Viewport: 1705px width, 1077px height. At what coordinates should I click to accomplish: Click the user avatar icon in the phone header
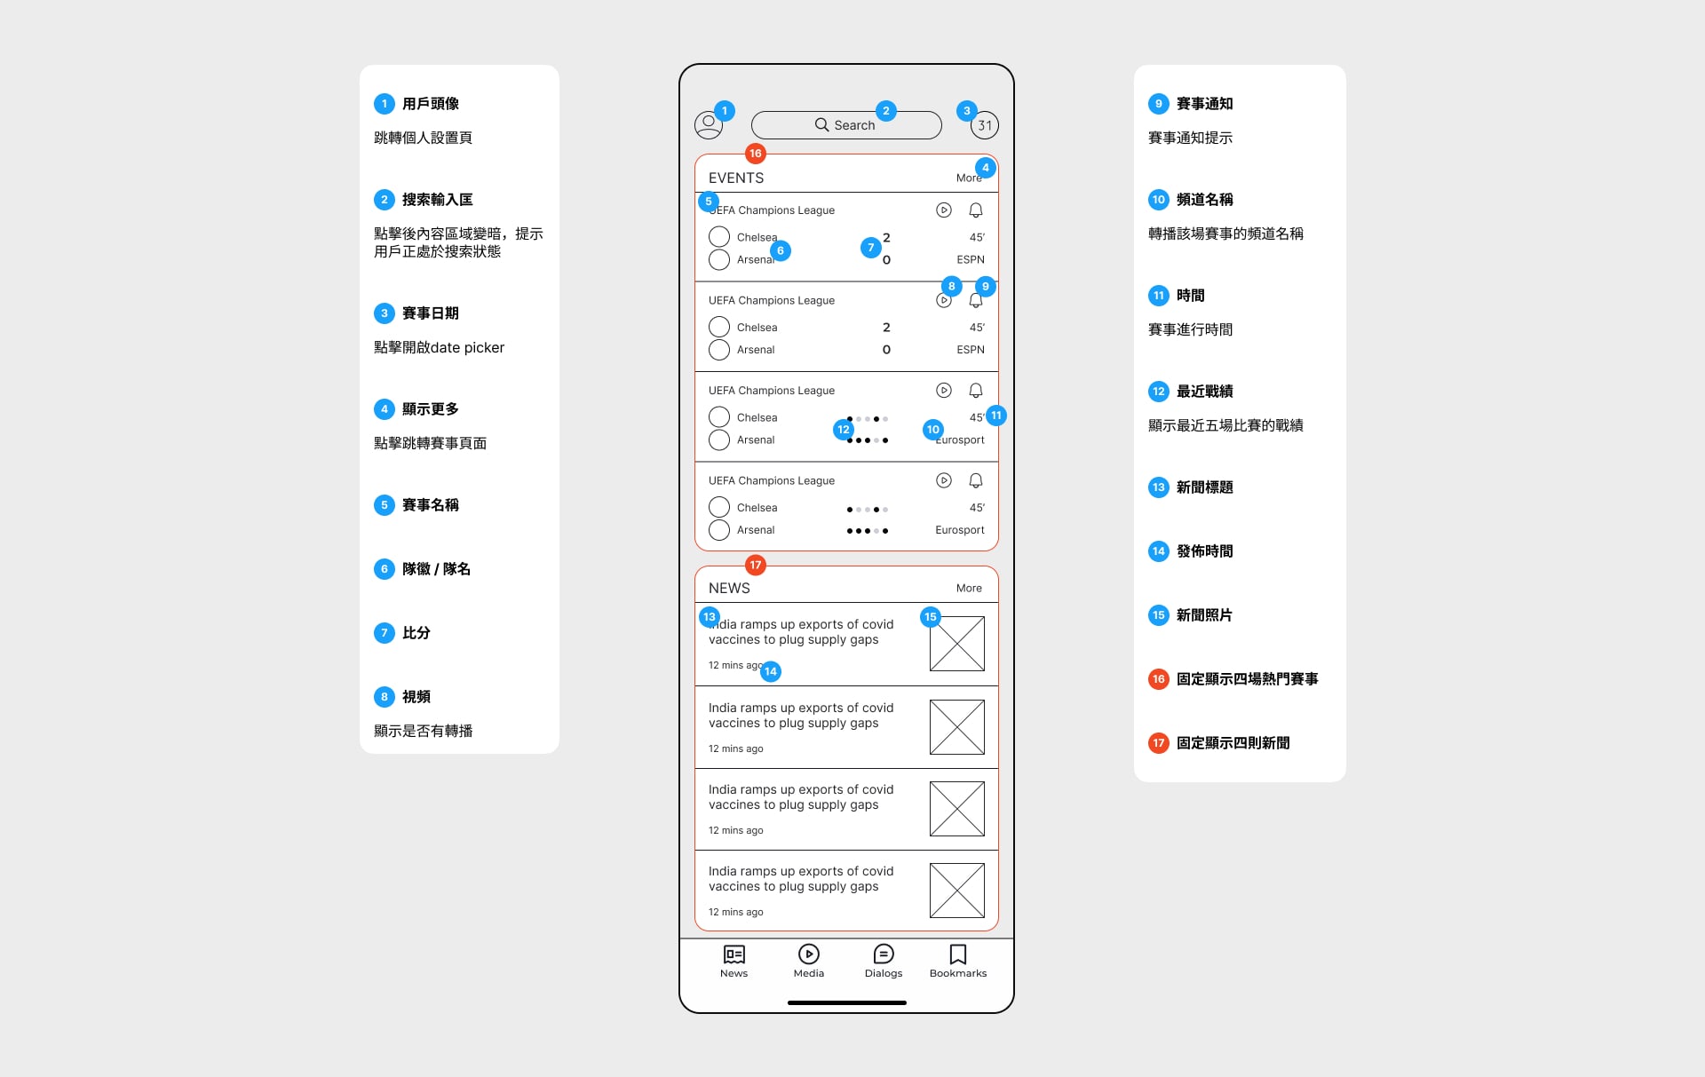coord(708,125)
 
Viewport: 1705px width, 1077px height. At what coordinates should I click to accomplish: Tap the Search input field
coord(845,125)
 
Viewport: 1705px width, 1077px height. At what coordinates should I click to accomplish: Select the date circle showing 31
coord(985,126)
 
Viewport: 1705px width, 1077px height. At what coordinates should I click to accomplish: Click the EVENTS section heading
coord(735,178)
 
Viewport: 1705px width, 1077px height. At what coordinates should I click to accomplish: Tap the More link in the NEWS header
coord(969,588)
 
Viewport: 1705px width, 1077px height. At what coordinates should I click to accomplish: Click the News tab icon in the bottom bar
coord(734,954)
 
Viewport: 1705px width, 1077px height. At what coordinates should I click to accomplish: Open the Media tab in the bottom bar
coord(808,954)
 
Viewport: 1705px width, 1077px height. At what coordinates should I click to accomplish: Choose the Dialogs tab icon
coord(883,954)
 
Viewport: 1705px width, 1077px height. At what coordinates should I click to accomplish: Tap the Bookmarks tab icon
coord(957,954)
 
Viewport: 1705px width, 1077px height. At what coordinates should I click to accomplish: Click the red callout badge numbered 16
coord(755,154)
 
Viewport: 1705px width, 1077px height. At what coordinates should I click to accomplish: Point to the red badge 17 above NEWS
coord(755,565)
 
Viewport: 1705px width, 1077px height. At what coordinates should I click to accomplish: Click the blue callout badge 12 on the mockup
coord(843,430)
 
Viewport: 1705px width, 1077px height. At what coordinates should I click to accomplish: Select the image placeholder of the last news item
coord(956,890)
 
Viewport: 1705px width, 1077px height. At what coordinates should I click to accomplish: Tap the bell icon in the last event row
coord(975,480)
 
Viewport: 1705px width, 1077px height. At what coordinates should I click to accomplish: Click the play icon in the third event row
coord(943,390)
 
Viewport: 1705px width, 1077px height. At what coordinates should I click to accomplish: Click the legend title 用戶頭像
coord(430,104)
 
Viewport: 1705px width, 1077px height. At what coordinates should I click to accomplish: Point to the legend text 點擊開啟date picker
coord(439,347)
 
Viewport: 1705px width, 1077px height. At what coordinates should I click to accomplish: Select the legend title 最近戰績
coord(1204,392)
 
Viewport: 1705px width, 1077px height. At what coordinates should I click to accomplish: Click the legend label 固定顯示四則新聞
coord(1233,743)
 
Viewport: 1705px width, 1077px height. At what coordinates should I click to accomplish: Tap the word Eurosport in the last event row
coord(959,530)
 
